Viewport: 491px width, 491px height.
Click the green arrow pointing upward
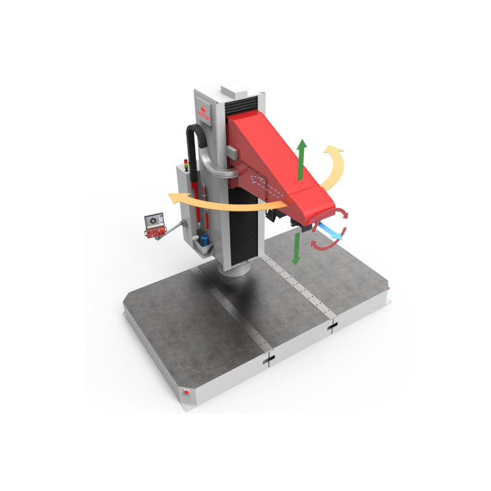(301, 158)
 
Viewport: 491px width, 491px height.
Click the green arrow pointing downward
(296, 249)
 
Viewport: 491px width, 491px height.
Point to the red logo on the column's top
(203, 112)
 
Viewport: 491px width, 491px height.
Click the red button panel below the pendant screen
(154, 232)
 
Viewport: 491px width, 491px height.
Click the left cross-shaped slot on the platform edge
(268, 361)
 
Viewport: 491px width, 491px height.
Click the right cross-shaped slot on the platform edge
(333, 327)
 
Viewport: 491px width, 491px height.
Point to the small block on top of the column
(233, 90)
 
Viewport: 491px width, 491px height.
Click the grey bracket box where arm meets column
(233, 150)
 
